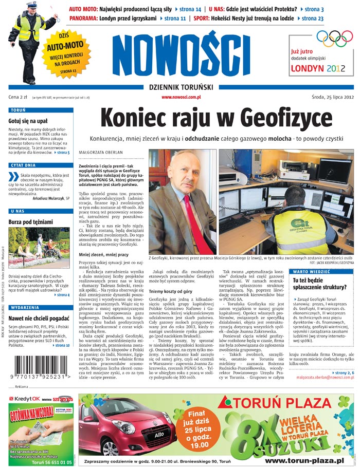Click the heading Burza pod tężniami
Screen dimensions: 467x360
(30, 222)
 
